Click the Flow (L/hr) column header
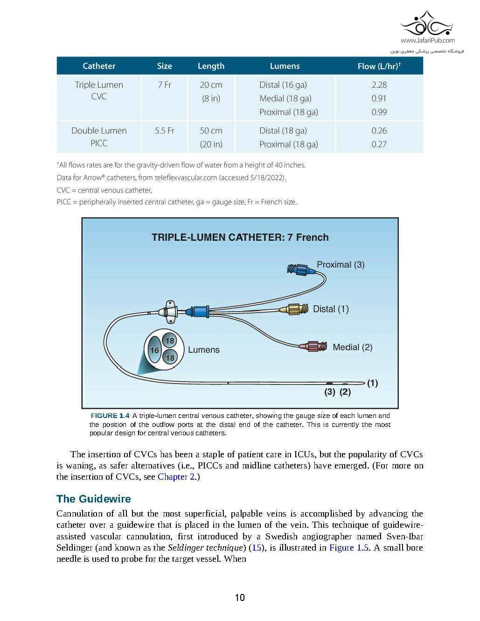point(379,66)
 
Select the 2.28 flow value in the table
point(379,85)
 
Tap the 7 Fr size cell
point(164,85)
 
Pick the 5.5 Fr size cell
point(164,131)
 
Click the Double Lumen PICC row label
point(99,137)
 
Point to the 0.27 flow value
point(379,144)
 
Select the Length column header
point(211,66)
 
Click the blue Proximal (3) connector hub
point(298,269)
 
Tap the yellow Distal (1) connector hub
point(294,309)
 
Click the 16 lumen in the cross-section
point(154,350)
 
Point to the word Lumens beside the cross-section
point(203,349)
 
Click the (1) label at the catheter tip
point(372,383)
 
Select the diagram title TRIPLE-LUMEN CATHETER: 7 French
point(240,237)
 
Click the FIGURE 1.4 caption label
point(109,416)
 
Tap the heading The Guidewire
point(93,499)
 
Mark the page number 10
point(240,598)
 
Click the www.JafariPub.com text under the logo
point(427,41)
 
